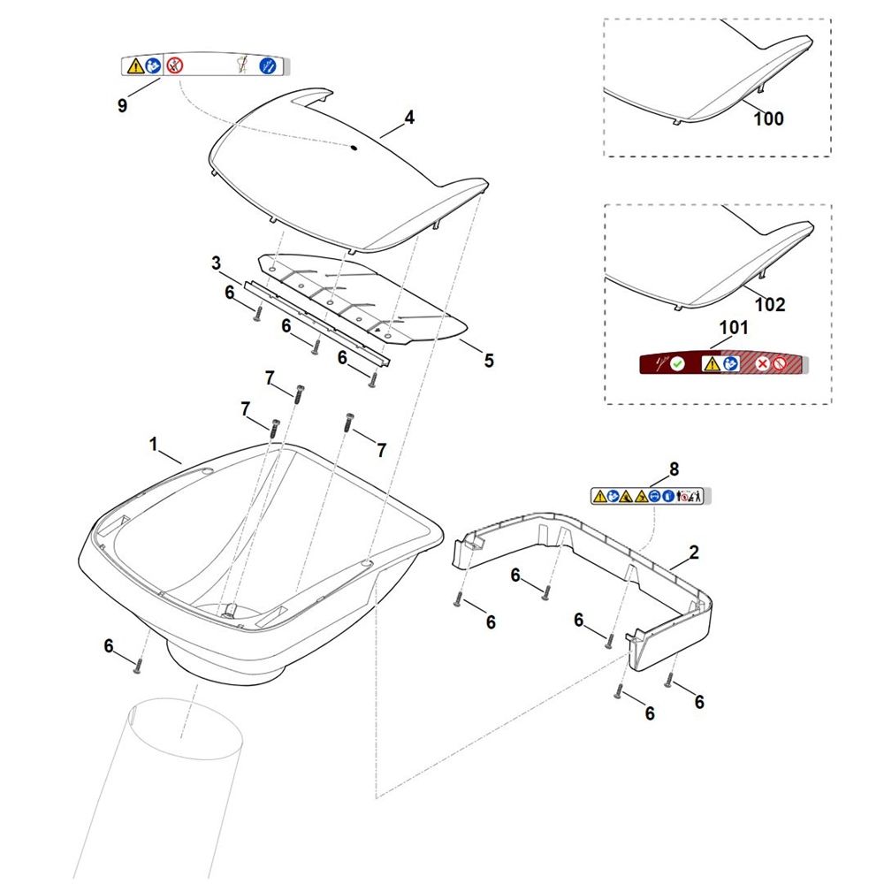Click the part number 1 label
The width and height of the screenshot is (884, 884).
pos(153,445)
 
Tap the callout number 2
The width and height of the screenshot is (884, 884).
pos(694,552)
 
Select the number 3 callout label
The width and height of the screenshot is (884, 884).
pos(217,263)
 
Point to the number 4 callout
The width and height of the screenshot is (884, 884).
pos(409,118)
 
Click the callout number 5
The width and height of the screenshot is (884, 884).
pos(489,361)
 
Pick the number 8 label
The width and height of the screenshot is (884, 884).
pos(674,469)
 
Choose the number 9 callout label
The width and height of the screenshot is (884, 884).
pos(122,105)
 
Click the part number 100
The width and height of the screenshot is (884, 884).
pos(768,118)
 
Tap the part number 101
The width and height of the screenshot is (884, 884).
pos(734,327)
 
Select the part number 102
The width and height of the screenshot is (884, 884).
pos(770,304)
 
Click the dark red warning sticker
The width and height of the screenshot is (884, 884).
pos(724,363)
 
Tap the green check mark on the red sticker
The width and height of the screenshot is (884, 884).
pos(678,364)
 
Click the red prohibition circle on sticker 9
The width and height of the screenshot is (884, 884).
pos(175,66)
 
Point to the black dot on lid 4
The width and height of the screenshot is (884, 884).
pos(354,148)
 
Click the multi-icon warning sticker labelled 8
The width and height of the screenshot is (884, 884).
pos(651,496)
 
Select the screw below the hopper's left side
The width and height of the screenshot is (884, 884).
pos(137,667)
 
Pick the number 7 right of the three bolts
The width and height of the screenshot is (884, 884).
pos(382,450)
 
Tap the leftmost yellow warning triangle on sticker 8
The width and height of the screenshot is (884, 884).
pos(600,496)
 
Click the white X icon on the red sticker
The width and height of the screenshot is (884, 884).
pos(762,363)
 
